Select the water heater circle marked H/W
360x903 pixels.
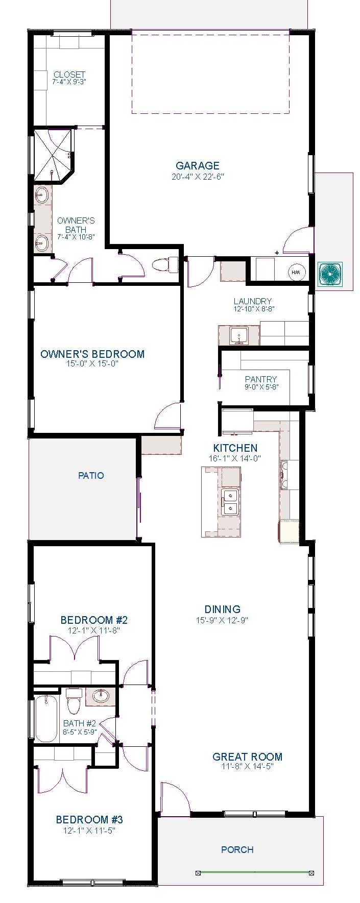(x=296, y=273)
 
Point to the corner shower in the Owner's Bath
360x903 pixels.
(x=53, y=156)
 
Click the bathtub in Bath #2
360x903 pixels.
(x=46, y=718)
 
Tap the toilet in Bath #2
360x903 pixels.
(x=74, y=701)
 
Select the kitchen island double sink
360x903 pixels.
(x=230, y=502)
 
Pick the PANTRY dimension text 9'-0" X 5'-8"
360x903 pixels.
(x=260, y=386)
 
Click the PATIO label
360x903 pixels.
(x=91, y=475)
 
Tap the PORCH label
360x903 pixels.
(x=237, y=849)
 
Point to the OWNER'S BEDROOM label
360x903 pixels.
(x=92, y=354)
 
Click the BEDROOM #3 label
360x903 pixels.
(x=89, y=820)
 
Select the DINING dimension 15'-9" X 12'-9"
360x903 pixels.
(x=222, y=620)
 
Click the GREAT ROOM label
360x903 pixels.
(x=248, y=757)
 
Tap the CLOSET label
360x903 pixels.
(x=69, y=75)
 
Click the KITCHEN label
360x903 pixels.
(x=235, y=448)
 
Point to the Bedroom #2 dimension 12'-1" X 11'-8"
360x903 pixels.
(x=94, y=630)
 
